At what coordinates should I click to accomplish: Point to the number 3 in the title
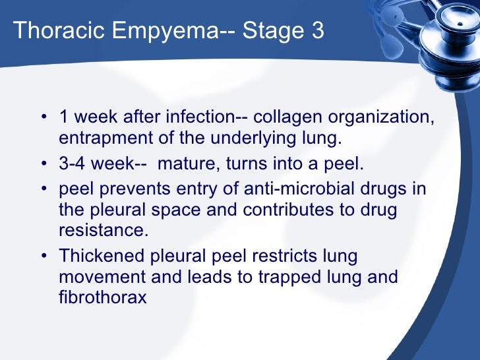316,30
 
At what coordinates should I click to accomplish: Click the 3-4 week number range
74,164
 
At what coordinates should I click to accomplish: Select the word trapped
270,276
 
